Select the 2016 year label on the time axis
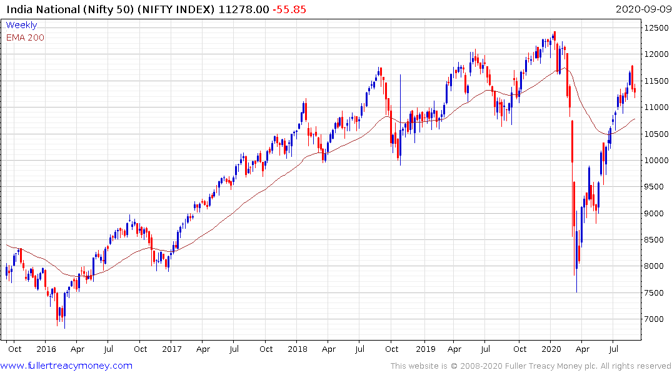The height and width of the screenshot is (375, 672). (x=46, y=349)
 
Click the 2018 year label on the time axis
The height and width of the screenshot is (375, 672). (x=298, y=349)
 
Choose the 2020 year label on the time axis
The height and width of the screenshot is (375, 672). (x=551, y=349)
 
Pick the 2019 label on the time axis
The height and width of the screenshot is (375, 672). (x=424, y=349)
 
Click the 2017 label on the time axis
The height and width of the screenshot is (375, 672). (x=172, y=349)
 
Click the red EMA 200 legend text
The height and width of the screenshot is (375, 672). (x=25, y=37)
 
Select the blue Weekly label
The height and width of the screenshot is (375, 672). (x=21, y=25)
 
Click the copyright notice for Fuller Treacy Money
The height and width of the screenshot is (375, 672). (x=531, y=366)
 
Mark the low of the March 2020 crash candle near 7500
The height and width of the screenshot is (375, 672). (x=576, y=291)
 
